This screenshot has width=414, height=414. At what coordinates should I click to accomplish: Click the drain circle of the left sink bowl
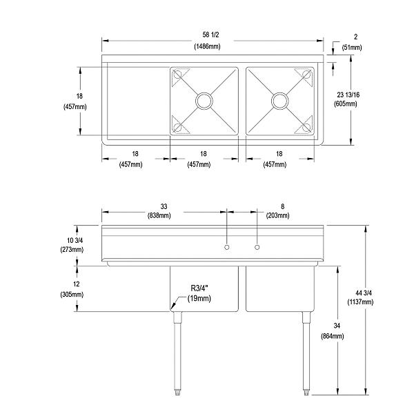point(204,101)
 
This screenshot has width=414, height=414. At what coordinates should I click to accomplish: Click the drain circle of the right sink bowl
point(279,101)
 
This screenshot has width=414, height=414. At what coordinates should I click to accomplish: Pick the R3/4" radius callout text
point(201,290)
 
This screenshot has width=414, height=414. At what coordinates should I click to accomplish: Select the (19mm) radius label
point(199,299)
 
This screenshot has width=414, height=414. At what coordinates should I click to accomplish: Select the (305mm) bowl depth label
point(72,295)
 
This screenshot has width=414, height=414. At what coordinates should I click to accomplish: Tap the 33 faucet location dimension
point(164,206)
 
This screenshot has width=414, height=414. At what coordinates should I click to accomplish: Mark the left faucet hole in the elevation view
point(227,247)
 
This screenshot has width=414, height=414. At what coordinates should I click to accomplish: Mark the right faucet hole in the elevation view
point(257,247)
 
